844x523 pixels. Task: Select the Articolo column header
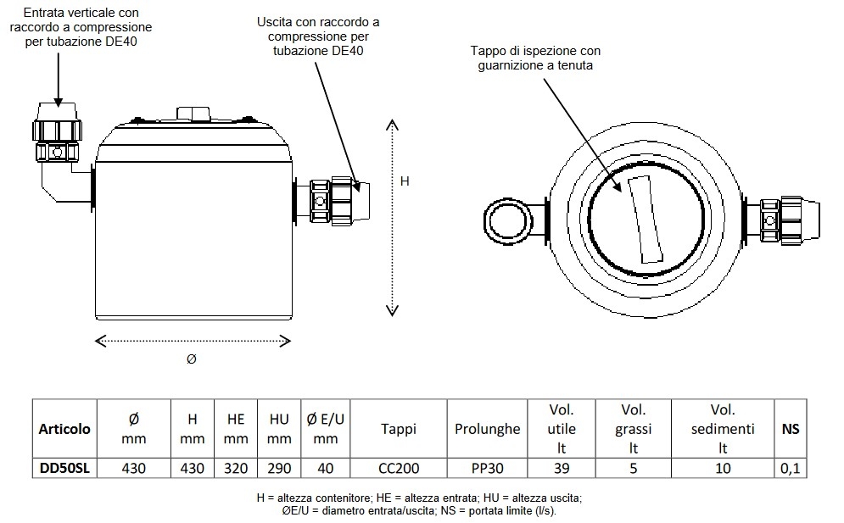click(x=64, y=429)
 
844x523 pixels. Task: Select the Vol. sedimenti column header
click(x=723, y=429)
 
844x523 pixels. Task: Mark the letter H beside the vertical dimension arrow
click(x=405, y=181)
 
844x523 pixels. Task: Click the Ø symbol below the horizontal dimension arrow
click(x=192, y=359)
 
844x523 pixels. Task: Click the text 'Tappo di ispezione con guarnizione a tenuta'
click(x=530, y=58)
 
